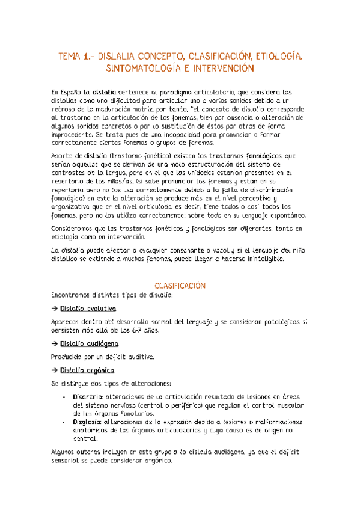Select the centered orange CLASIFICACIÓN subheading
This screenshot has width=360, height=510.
coord(180,269)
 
